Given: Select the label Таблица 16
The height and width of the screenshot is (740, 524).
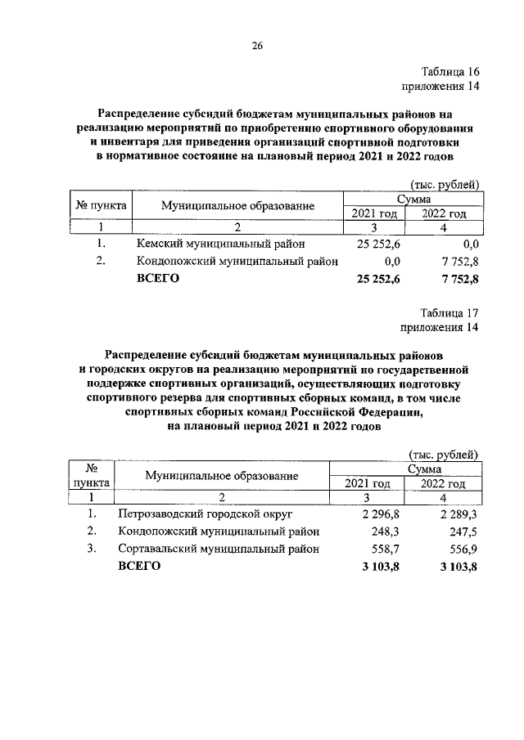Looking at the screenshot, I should pyautogui.click(x=449, y=72).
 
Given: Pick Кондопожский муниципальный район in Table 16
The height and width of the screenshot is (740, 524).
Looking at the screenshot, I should pyautogui.click(x=238, y=261).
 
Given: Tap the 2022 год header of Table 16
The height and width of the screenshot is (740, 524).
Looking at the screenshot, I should pyautogui.click(x=444, y=213).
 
